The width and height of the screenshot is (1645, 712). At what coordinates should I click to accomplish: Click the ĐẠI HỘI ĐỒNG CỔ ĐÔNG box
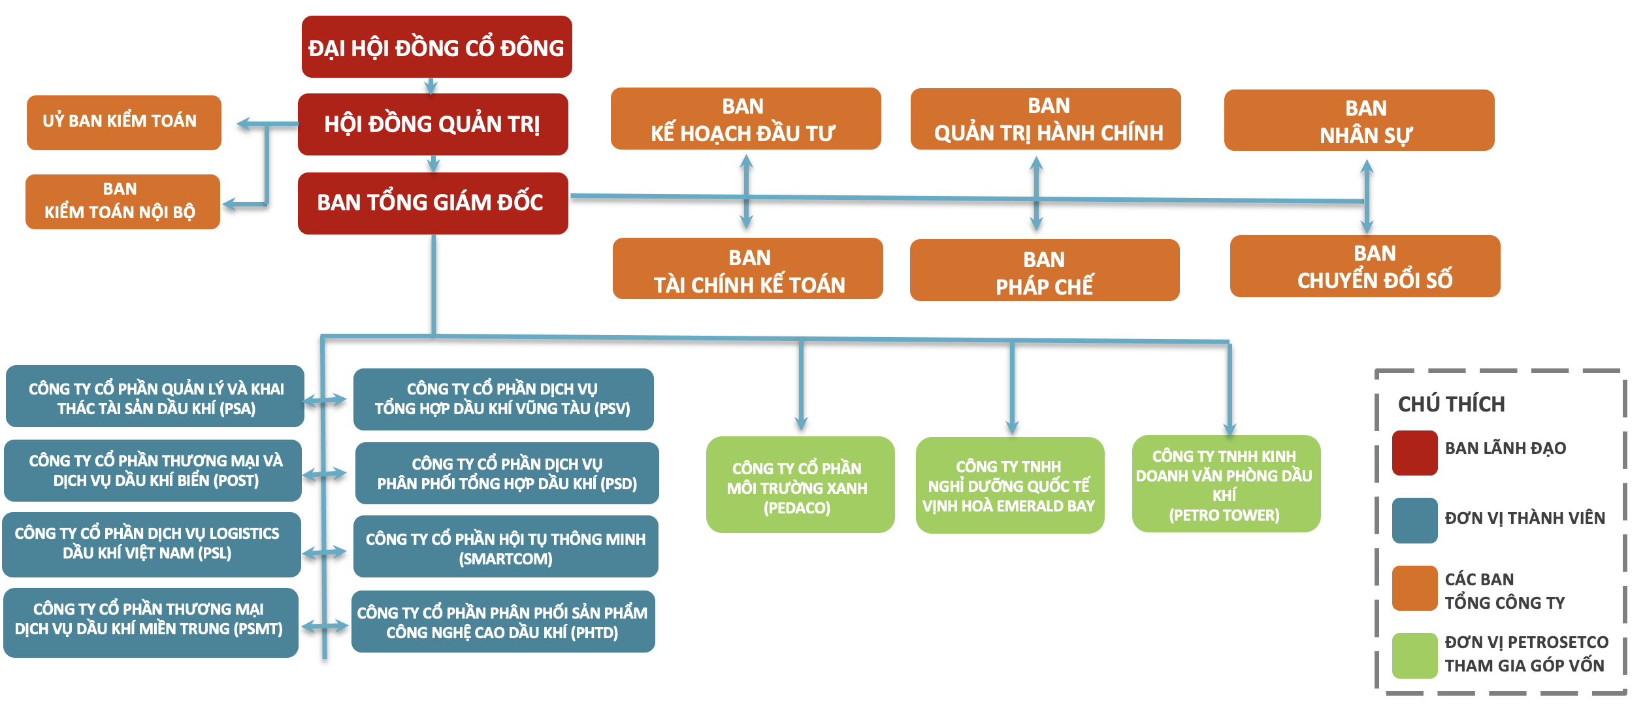coord(436,47)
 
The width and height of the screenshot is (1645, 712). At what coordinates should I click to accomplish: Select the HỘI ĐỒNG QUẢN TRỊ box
coord(432,124)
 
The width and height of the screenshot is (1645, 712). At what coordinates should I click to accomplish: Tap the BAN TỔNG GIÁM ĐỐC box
coord(432,203)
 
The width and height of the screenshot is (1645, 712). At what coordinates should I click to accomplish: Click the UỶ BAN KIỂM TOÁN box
coord(123,122)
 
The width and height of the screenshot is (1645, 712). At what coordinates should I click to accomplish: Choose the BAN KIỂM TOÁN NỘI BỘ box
coord(122,201)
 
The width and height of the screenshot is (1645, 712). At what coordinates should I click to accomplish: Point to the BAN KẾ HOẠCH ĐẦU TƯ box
coord(745,119)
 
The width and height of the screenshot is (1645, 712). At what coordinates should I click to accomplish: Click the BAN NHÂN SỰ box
coord(1359,121)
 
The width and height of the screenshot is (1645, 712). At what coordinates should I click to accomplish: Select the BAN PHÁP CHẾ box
coord(1044,270)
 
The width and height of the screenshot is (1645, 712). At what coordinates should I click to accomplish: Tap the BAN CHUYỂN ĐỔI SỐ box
coord(1365,267)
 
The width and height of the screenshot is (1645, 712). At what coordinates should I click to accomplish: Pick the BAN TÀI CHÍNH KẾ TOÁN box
coord(747,269)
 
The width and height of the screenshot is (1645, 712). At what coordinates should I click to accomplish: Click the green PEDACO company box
coord(800,485)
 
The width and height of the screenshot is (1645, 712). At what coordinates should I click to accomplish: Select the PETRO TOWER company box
coord(1226,484)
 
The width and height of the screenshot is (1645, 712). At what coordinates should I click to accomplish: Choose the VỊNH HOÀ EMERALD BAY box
coord(1009,485)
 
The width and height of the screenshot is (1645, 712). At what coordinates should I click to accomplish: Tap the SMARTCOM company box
coord(505,547)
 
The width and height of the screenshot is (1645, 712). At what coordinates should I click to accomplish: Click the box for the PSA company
coord(155,396)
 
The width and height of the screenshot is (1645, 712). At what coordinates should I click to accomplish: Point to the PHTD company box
coord(502,622)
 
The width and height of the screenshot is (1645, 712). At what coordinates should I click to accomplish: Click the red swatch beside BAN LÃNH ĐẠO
coord(1414,453)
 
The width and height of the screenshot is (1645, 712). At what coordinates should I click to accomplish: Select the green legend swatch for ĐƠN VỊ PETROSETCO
coord(1414,655)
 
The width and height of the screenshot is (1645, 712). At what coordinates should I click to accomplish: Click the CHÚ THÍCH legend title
coord(1451,404)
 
